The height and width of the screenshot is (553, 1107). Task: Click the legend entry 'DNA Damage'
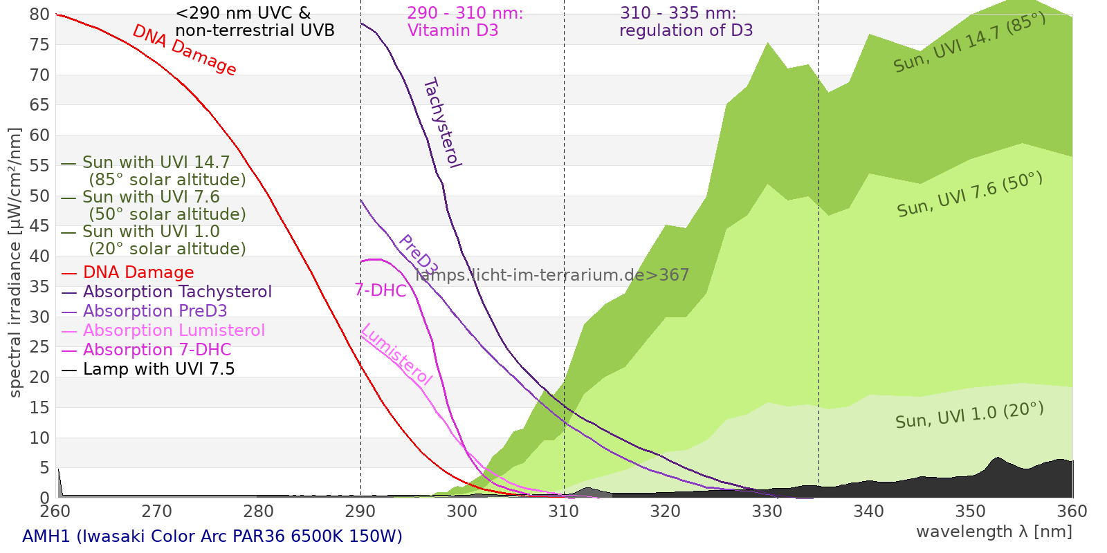point(138,272)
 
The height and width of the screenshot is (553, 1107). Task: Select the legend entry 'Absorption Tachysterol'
point(177,292)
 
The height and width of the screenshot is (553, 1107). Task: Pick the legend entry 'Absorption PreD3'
point(155,311)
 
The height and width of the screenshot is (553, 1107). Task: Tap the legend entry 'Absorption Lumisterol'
point(174,330)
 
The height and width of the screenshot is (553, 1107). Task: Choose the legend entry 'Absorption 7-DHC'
point(157,350)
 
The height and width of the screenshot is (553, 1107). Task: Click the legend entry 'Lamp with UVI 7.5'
point(158,369)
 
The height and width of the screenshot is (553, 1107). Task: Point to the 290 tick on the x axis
point(360,512)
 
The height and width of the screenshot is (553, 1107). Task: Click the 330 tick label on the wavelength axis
point(767,512)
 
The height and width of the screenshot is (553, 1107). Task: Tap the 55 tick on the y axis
point(40,165)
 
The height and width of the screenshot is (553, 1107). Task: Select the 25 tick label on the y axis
point(40,347)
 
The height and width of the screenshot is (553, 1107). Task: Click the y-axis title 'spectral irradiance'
point(15,263)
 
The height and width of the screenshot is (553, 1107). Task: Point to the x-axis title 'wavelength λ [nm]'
point(994,532)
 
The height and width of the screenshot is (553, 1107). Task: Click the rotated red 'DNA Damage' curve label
point(184,50)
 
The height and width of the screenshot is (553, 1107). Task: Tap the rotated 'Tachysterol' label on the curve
point(442,123)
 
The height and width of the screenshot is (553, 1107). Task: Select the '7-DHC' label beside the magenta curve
point(380,290)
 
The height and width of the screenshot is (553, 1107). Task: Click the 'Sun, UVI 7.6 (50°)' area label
point(969,195)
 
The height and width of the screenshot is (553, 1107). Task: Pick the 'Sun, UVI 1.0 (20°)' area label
point(969,416)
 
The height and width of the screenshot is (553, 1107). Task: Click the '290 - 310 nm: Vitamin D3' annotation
point(464,22)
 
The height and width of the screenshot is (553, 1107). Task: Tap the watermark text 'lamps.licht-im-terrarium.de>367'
point(552,275)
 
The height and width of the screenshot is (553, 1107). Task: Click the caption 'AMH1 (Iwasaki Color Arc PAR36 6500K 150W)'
point(212,536)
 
